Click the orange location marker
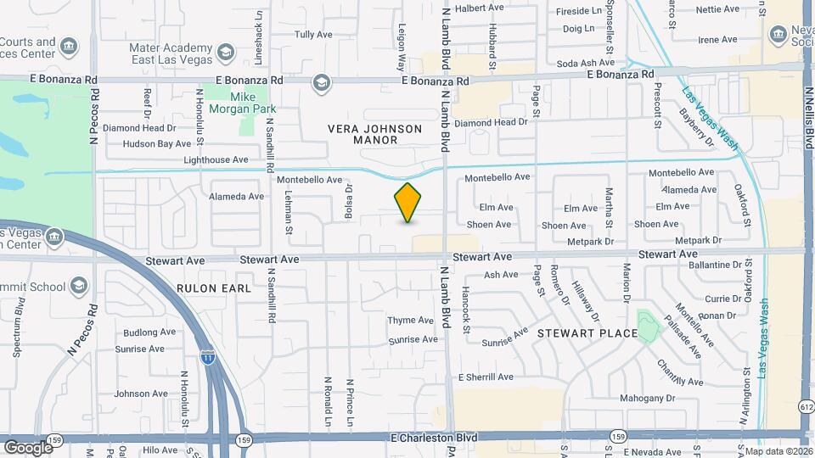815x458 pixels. [407, 203]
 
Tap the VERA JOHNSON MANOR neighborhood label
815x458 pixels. [374, 134]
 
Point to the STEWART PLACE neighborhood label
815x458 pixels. [587, 333]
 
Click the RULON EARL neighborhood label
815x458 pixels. [214, 288]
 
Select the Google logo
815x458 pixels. [27, 447]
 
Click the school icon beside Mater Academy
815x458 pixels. [225, 53]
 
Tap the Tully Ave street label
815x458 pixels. [312, 35]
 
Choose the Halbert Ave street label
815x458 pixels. [481, 8]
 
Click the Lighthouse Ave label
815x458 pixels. [216, 159]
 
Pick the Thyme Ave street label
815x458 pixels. [411, 320]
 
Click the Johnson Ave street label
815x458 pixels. [141, 394]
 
